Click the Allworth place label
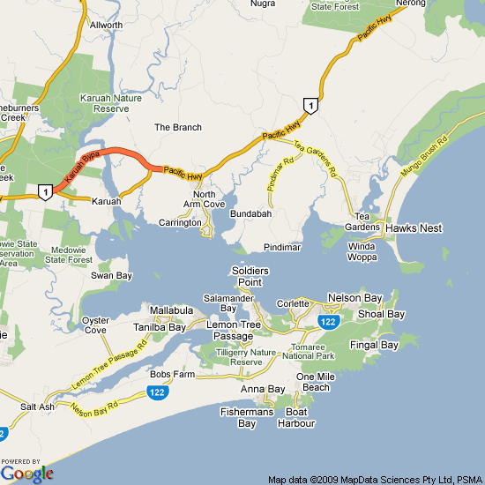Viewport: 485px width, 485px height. pos(107,26)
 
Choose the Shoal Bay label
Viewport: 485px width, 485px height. pos(383,314)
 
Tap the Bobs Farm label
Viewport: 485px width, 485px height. pos(172,375)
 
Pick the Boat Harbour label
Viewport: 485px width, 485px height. pos(295,418)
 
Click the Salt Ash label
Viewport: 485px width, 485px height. pos(38,407)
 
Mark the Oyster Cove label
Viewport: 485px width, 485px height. pos(95,325)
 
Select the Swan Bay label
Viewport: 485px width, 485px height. pos(111,276)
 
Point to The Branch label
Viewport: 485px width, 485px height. pos(178,128)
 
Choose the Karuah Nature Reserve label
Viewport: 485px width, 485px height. pos(112,102)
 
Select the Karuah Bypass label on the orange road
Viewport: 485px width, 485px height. pos(82,166)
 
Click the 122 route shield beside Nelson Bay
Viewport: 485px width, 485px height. pos(329,323)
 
